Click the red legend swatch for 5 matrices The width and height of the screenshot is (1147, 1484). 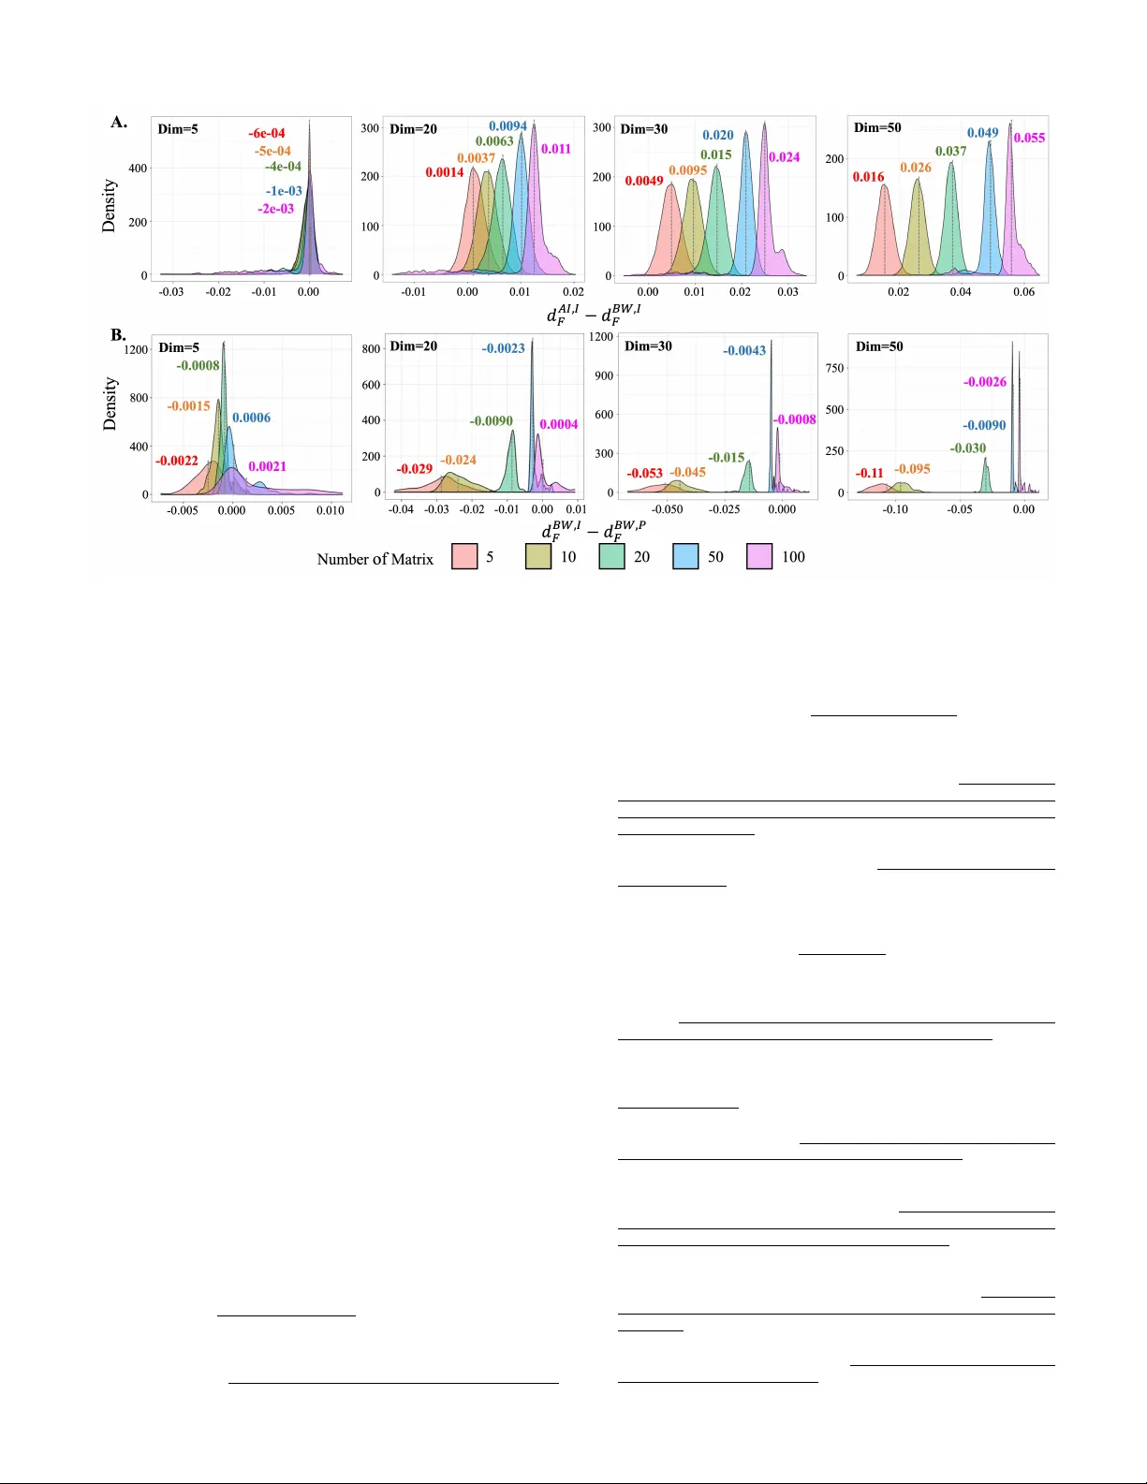pyautogui.click(x=464, y=556)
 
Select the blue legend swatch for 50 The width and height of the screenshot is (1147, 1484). pyautogui.click(x=685, y=556)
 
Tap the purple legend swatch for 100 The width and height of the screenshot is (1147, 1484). pyautogui.click(x=759, y=556)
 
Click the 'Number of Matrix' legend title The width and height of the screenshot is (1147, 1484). pyautogui.click(x=375, y=559)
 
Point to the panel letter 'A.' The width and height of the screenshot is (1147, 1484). pyautogui.click(x=119, y=122)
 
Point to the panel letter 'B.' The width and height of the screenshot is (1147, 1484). pyautogui.click(x=119, y=334)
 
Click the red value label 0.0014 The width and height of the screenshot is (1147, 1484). pyautogui.click(x=445, y=172)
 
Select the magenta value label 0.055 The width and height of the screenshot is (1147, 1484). pyautogui.click(x=1029, y=138)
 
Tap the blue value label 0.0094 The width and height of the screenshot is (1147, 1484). pyautogui.click(x=507, y=126)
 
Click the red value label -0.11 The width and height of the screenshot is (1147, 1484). pyautogui.click(x=870, y=473)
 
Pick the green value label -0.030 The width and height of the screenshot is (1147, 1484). pyautogui.click(x=968, y=448)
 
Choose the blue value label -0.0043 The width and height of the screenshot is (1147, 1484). pyautogui.click(x=744, y=351)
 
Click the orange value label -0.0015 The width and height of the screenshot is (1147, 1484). pyautogui.click(x=189, y=406)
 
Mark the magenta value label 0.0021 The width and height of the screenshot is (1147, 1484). pyautogui.click(x=268, y=466)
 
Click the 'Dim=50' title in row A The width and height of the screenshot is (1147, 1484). pyautogui.click(x=877, y=127)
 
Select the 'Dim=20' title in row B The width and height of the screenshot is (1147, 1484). pyautogui.click(x=413, y=346)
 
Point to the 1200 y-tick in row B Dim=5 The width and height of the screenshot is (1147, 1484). pyautogui.click(x=137, y=349)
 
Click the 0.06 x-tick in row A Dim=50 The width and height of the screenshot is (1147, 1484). pyautogui.click(x=1023, y=292)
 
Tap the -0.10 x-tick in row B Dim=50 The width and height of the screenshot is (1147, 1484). pyautogui.click(x=896, y=510)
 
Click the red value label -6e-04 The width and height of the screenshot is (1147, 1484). pyautogui.click(x=267, y=134)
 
